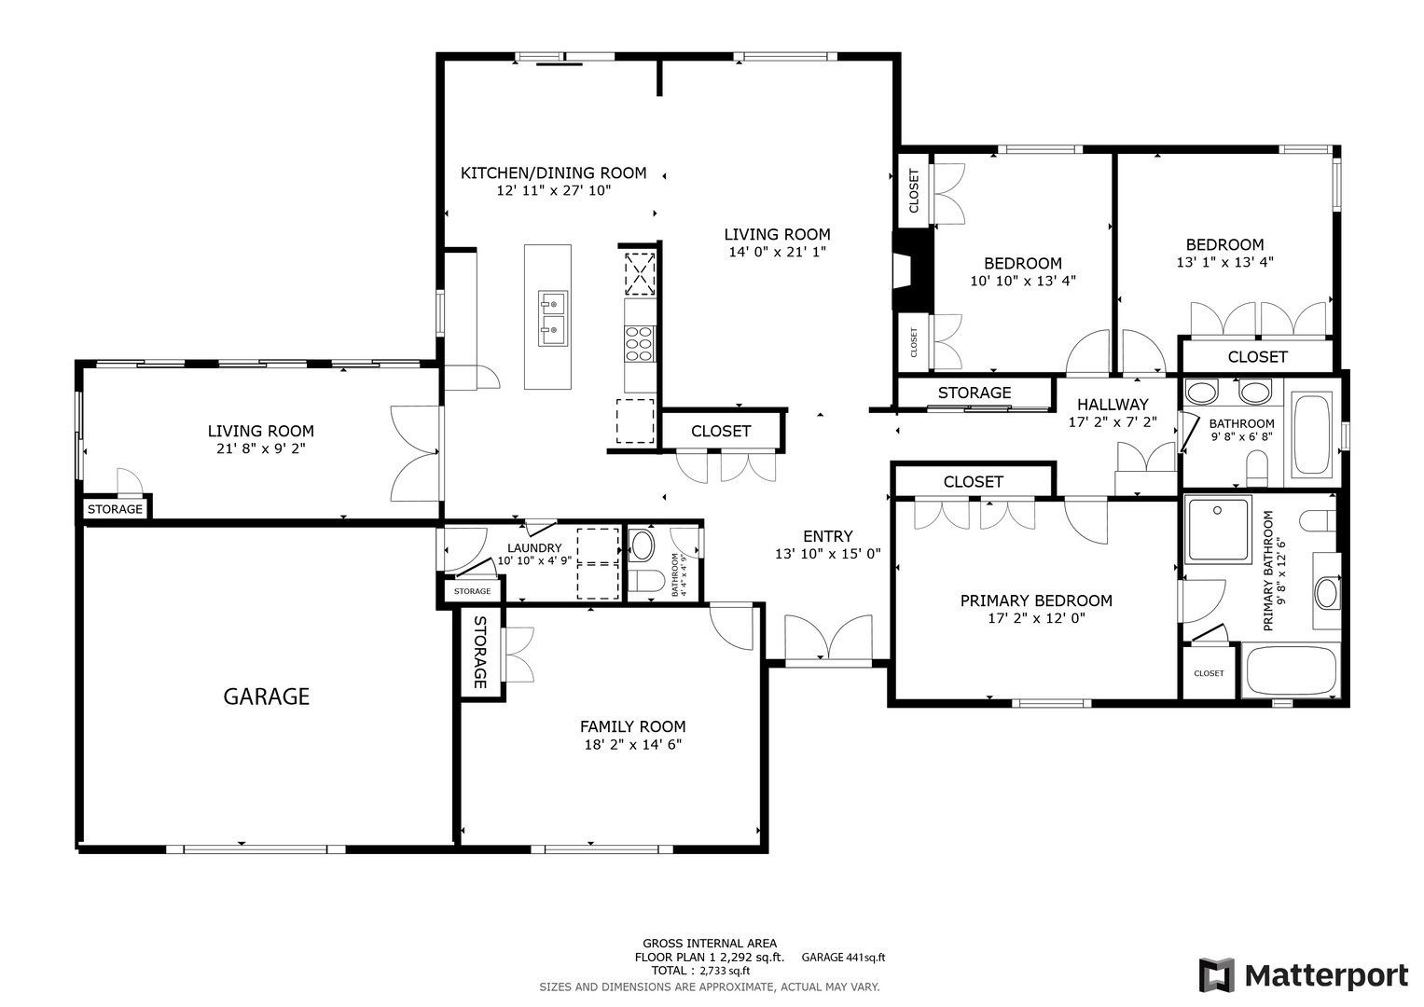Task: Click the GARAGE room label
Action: click(x=266, y=697)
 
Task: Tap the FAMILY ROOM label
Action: click(x=632, y=726)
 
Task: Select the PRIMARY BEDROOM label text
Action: click(x=1036, y=600)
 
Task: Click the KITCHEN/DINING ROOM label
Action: click(x=553, y=172)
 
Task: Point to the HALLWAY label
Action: click(x=1112, y=405)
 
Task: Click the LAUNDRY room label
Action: click(x=534, y=548)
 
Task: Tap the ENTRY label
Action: click(x=827, y=536)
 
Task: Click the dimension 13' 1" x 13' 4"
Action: click(x=1224, y=263)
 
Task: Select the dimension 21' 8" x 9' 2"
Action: click(x=260, y=448)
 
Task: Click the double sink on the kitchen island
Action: click(x=551, y=317)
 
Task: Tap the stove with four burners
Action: click(x=639, y=342)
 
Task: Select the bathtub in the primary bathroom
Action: click(x=1291, y=669)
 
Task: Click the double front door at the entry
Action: click(x=828, y=639)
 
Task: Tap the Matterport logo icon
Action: click(x=1216, y=975)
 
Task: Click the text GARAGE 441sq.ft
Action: click(x=843, y=958)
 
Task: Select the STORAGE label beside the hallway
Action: click(x=974, y=393)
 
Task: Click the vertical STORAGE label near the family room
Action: click(x=480, y=652)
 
